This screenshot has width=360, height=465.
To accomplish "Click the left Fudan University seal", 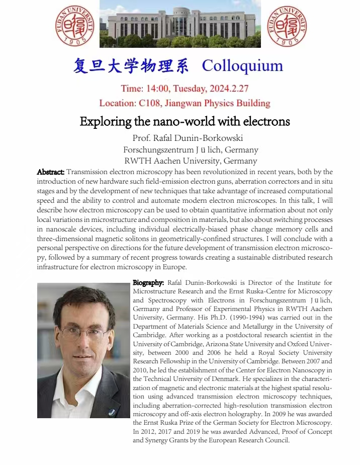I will (x=74, y=25).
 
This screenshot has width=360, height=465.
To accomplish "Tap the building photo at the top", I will (x=181, y=24).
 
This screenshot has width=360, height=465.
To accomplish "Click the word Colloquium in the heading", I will (x=242, y=65).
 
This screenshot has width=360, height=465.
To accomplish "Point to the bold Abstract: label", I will (x=50, y=172).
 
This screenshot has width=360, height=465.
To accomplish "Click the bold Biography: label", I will (x=148, y=283).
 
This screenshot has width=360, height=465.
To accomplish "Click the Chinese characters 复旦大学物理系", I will (x=131, y=65).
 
